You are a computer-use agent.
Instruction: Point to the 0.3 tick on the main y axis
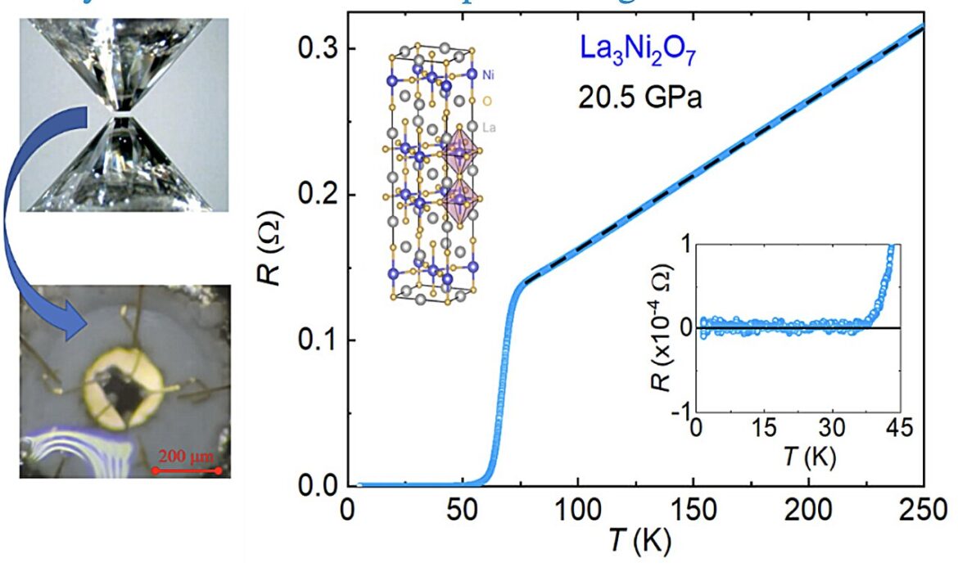point(314,49)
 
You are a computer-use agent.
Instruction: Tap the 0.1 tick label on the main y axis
point(314,340)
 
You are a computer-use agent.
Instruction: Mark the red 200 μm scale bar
point(187,471)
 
